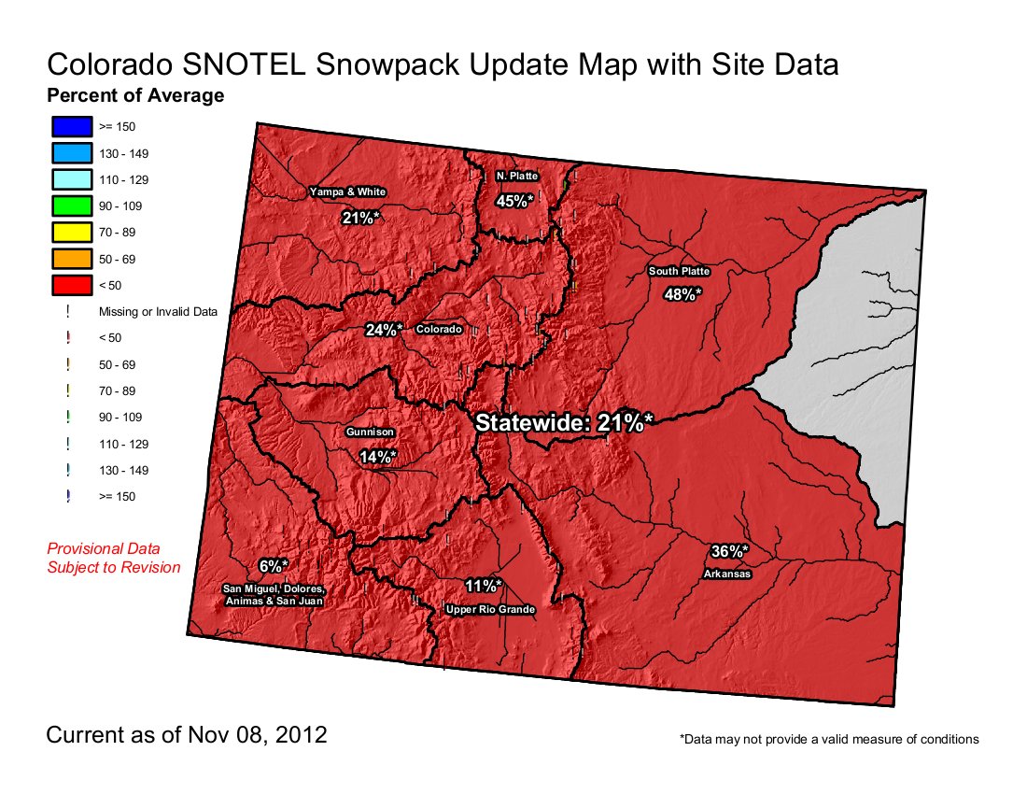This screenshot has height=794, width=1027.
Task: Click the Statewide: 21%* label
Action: tap(562, 422)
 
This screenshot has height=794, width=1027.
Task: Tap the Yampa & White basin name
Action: tap(347, 191)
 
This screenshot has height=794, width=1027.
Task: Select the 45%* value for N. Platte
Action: tap(515, 200)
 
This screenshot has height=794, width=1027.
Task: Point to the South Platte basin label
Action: tap(680, 272)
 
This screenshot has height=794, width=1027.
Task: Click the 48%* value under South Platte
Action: tap(682, 294)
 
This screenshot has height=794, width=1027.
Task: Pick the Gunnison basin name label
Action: tap(370, 432)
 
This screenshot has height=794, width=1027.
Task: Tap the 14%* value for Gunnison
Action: tap(377, 457)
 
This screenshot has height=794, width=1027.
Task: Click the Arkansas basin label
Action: tap(727, 574)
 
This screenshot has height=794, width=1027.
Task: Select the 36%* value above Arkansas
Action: tap(729, 551)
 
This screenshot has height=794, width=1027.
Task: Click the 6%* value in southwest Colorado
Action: tap(274, 566)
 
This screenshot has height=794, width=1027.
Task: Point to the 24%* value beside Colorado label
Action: tap(384, 330)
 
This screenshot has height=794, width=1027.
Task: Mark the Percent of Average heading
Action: tap(135, 95)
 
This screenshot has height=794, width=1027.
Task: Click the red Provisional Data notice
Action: tap(113, 558)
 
